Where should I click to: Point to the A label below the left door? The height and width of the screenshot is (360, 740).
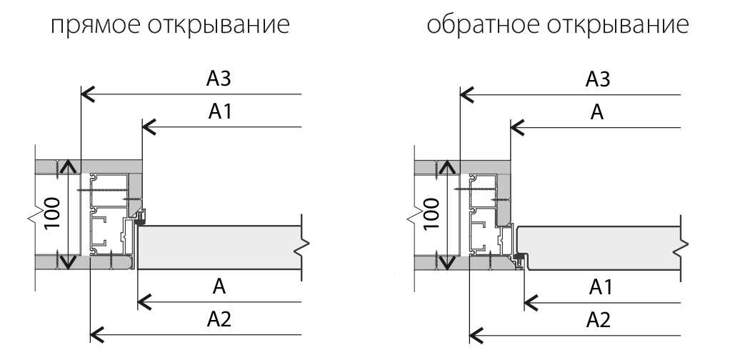pyautogui.click(x=220, y=287)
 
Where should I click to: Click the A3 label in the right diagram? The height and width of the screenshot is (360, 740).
pyautogui.click(x=598, y=79)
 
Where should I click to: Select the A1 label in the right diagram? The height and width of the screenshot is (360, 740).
pyautogui.click(x=598, y=287)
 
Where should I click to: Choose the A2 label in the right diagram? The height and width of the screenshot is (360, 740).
pyautogui.click(x=598, y=319)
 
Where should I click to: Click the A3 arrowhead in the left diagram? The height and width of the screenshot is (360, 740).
pyautogui.click(x=86, y=94)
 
